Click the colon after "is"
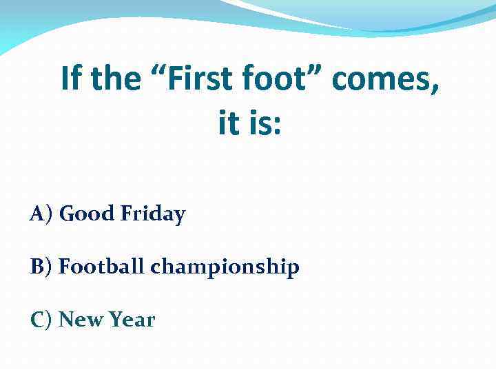pos(277,127)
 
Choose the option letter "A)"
pos(41,214)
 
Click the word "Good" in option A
pos(87,214)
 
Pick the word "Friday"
pos(153,215)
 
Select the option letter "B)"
pos(41,267)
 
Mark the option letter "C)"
pos(41,320)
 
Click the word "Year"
pos(132,320)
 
